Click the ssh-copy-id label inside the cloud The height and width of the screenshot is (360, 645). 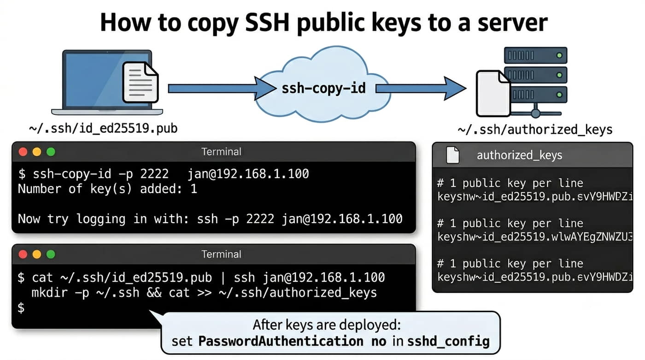tap(323, 88)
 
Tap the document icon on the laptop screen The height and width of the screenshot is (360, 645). tap(141, 83)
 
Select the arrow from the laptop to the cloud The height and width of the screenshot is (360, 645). tap(222, 89)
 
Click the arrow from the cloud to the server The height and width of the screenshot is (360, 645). tap(421, 89)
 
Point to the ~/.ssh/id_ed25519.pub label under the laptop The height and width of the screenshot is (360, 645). tap(103, 129)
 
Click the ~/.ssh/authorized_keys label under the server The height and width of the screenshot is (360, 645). tap(535, 130)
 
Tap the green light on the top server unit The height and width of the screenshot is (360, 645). tap(559, 55)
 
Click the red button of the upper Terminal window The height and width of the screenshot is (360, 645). tap(23, 152)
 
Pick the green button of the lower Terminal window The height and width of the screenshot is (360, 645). tap(51, 254)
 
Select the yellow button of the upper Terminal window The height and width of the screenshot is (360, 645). tap(37, 152)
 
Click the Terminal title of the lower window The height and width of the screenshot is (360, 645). tap(221, 254)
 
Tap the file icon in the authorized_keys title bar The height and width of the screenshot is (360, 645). tap(452, 155)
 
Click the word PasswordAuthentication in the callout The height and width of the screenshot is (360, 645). tap(281, 341)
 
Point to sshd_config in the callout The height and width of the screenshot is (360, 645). tap(448, 342)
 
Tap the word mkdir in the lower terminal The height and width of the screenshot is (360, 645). tap(50, 293)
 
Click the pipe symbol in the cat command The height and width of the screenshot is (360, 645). tap(223, 277)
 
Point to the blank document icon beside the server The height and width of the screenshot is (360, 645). tap(493, 94)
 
